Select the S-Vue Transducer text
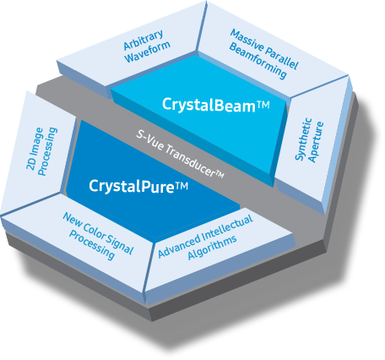tap(182, 153)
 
